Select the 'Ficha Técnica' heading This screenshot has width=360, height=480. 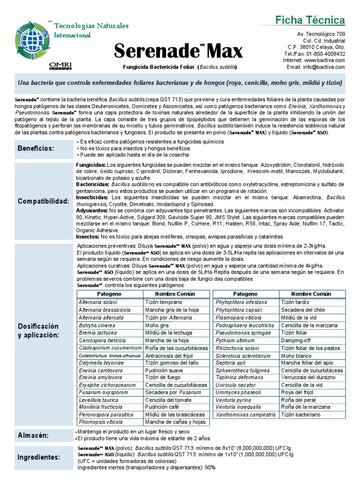pos(316,20)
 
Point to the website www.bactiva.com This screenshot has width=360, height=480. pos(324,60)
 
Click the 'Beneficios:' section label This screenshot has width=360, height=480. pos(36,149)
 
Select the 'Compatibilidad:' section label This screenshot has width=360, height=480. pos(44,201)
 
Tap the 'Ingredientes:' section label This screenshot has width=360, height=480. pos(39,457)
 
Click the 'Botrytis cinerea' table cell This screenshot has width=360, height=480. pos(97,325)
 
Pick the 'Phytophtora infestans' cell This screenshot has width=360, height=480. pos(241,302)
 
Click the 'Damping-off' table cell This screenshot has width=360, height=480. pos(295,340)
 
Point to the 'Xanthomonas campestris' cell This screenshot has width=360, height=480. pos(246,415)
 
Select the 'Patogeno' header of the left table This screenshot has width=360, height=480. pos(109,294)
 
